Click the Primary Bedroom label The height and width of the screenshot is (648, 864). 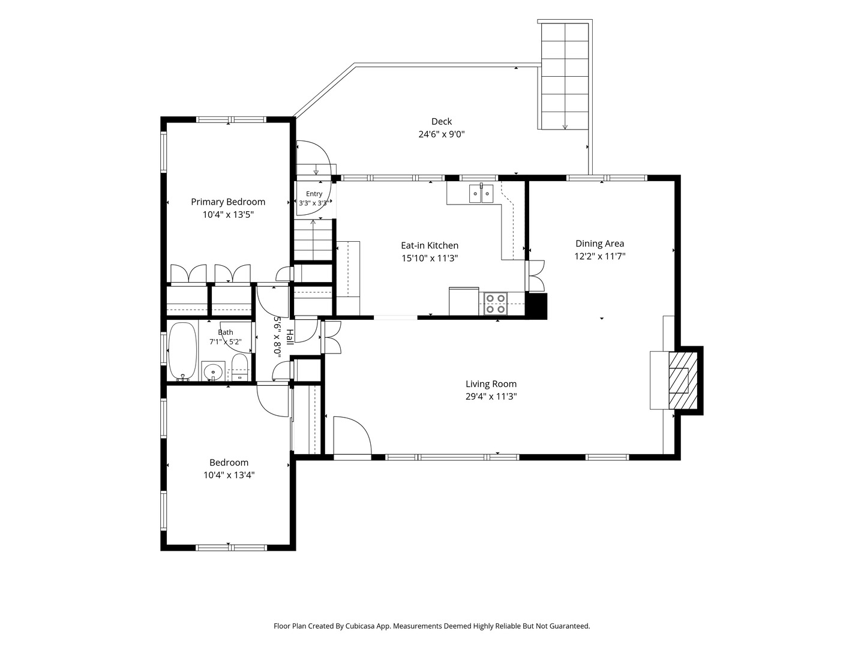pos(228,202)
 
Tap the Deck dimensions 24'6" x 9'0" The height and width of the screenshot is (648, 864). pos(441,134)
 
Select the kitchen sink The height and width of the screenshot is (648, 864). pos(481,193)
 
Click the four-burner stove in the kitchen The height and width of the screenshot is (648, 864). pos(495,304)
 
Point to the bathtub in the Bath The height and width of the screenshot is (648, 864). pos(182,352)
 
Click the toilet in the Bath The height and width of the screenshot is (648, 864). pos(239,367)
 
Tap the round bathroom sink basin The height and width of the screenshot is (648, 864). pos(214,371)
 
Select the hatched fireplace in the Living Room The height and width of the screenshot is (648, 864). pos(683,380)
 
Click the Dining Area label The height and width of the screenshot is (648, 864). pos(599,244)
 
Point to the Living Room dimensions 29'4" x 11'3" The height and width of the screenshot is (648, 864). pos(491,396)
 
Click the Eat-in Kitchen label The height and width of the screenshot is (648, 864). pos(430,245)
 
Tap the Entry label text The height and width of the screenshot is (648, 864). pos(314,194)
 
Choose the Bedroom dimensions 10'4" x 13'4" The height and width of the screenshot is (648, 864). pos(229,475)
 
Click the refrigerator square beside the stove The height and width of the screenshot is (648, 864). pos(464,301)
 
